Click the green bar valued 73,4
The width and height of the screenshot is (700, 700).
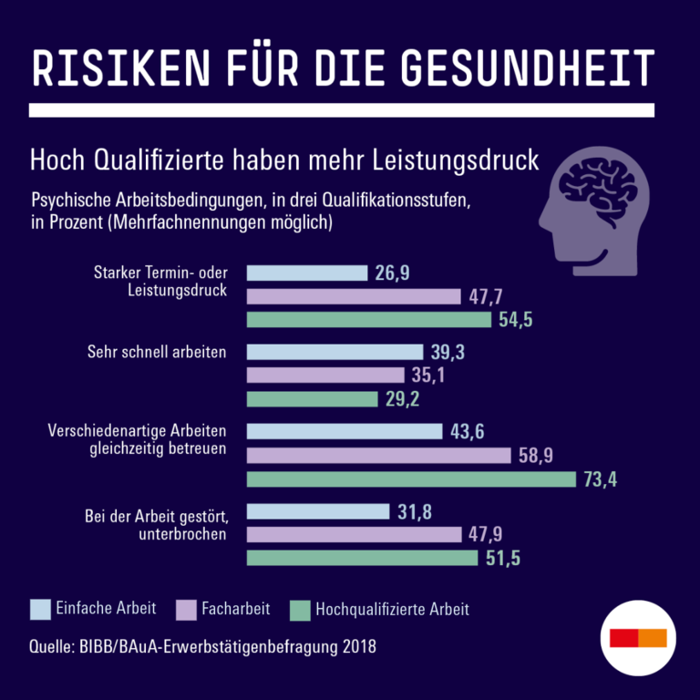click(411, 479)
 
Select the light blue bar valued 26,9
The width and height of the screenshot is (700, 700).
click(307, 273)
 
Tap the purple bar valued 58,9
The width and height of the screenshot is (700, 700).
click(379, 456)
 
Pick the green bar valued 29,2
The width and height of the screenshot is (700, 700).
click(312, 399)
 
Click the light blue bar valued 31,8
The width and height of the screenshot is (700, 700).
click(318, 511)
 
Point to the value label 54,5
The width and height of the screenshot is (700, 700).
click(516, 320)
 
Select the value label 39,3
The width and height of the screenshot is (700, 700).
click(447, 352)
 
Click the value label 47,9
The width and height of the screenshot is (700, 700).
click(485, 535)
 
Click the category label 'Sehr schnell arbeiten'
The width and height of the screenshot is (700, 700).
click(157, 352)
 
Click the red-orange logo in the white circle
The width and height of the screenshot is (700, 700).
click(639, 637)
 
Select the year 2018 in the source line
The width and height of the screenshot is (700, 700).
click(356, 647)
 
